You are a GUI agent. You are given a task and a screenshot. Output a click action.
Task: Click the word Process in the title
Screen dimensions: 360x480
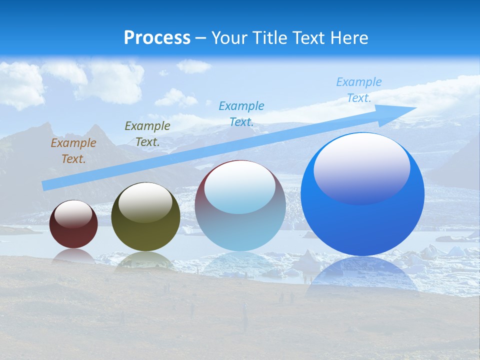157,38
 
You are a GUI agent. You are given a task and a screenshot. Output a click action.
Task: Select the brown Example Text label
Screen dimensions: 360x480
73,151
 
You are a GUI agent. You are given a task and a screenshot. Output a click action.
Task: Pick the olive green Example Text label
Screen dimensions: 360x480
147,134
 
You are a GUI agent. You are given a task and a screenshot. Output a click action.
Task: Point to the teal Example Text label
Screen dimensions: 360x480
241,113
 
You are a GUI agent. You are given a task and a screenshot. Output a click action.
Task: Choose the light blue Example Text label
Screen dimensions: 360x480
359,90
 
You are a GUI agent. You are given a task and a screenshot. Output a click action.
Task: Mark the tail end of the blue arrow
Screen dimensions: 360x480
45,186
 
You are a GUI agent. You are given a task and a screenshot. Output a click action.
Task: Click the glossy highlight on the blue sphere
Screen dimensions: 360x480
361,167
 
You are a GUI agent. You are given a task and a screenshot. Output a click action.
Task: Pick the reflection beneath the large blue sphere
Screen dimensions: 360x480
362,275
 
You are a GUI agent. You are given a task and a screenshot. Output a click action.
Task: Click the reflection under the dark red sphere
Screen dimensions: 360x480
73,256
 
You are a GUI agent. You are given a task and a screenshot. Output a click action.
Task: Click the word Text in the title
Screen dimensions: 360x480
310,38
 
